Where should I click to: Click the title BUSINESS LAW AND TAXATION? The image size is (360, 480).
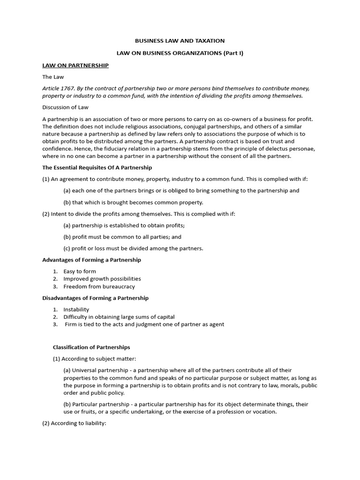tap(180, 41)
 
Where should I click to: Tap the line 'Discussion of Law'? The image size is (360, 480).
tap(66, 107)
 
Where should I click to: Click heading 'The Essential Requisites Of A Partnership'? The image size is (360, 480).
tap(97, 167)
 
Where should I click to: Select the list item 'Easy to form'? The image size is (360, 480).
tap(80, 271)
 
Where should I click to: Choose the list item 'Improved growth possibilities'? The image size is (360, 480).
tap(102, 279)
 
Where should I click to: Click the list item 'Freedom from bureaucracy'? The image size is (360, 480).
tap(99, 286)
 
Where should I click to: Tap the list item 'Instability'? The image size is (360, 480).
tap(76, 309)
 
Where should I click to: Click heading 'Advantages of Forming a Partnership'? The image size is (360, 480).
tap(91, 260)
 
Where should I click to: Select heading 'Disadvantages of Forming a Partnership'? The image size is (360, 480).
tap(95, 298)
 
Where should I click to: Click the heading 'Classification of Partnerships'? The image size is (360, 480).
tap(91, 347)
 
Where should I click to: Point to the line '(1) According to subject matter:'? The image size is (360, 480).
tap(94, 359)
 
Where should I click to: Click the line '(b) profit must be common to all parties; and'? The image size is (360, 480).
tap(122, 237)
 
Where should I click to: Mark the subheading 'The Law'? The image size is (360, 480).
tap(53, 77)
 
